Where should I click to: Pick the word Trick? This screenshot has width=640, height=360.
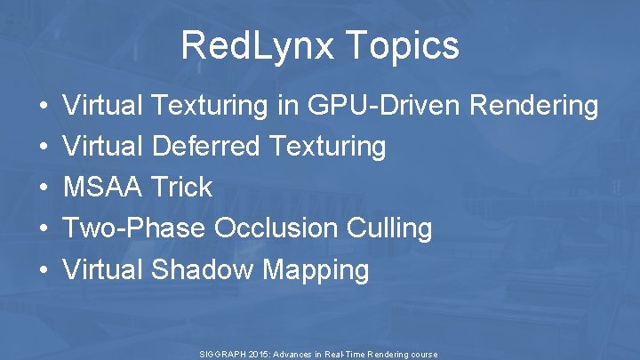tap(181, 187)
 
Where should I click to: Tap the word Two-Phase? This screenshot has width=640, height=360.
tap(135, 228)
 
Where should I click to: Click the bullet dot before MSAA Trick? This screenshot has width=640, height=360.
tap(44, 188)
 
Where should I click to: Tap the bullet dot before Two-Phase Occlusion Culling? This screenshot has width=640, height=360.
tap(44, 229)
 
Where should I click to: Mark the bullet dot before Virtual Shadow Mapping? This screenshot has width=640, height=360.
tap(44, 270)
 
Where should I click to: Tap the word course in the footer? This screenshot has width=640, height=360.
tap(422, 354)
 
